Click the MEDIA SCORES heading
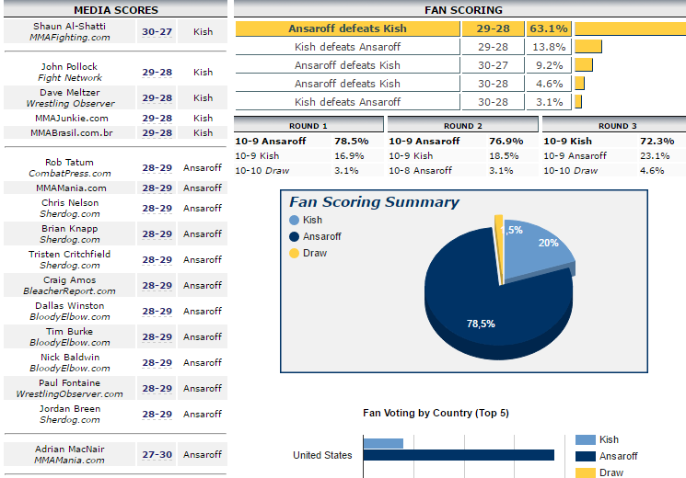click(115, 9)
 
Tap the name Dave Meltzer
click(70, 93)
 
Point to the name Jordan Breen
click(70, 409)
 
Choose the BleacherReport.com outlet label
click(70, 291)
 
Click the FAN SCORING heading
click(463, 9)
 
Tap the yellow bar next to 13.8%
click(587, 47)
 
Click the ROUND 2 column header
click(462, 126)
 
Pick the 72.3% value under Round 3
click(657, 142)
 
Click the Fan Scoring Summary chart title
click(374, 202)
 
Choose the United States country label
click(322, 455)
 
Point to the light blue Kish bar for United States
click(383, 443)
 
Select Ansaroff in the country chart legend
click(618, 456)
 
